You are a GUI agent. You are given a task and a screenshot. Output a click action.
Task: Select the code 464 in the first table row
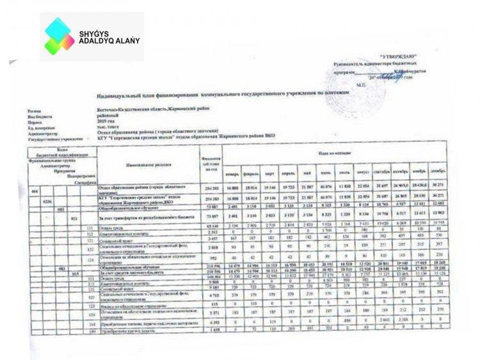point(35,191)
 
